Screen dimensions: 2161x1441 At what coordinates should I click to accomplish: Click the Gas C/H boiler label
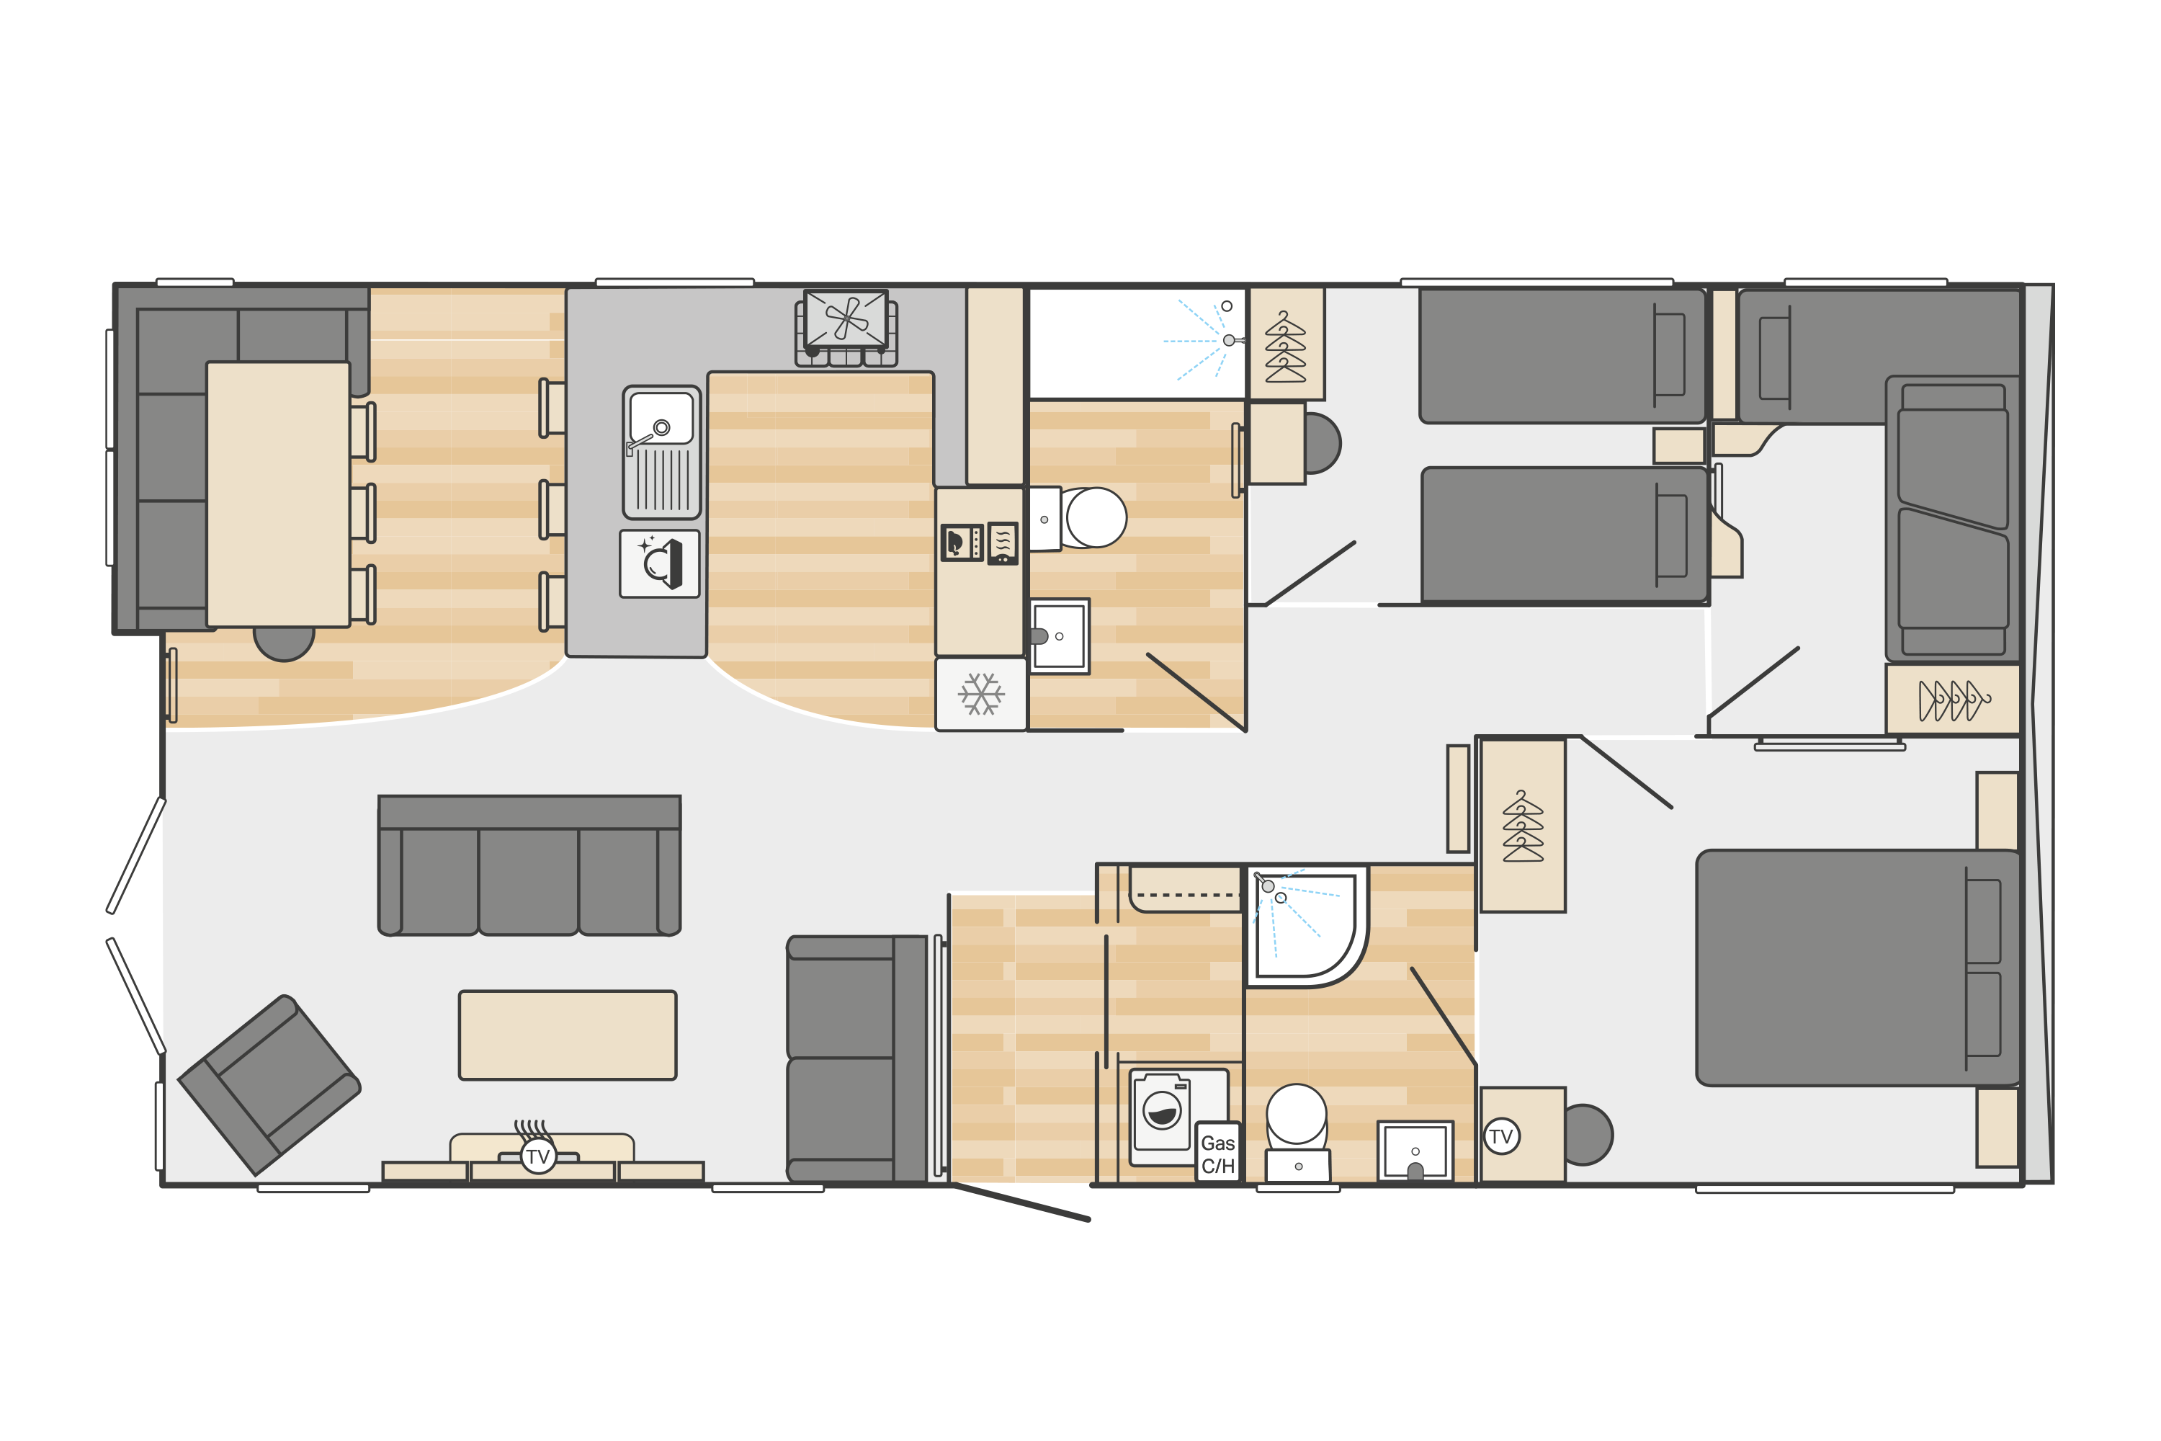1217,1154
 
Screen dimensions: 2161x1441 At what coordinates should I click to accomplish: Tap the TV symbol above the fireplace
538,1156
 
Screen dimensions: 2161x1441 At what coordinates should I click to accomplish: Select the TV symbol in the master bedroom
1501,1137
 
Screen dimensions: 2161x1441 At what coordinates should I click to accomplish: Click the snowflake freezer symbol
981,694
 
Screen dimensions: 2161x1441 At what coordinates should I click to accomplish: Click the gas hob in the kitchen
846,328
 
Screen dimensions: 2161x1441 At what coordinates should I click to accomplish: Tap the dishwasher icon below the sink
660,563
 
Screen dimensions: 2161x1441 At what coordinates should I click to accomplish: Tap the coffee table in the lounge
568,1035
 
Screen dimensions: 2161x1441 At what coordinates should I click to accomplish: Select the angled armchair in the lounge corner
268,1085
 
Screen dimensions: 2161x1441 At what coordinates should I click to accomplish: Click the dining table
278,494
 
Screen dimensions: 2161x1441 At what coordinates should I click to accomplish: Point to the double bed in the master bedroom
1858,968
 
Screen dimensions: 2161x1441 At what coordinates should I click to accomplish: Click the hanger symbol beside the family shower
1285,347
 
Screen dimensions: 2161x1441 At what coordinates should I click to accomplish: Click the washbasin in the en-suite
1415,1151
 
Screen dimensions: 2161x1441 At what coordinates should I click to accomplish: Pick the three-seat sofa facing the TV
529,866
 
